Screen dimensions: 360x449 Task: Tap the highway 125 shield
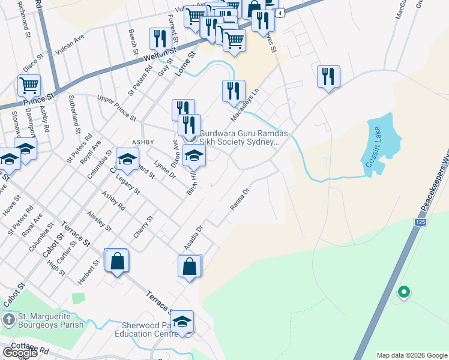(420, 222)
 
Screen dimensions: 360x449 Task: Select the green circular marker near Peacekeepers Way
(404, 292)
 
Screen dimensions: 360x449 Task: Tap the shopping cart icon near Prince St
(29, 85)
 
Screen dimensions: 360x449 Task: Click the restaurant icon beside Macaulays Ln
(234, 91)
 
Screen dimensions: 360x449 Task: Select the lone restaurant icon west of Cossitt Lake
(328, 76)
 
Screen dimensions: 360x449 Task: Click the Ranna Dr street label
(240, 199)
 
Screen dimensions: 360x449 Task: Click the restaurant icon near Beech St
(159, 39)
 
